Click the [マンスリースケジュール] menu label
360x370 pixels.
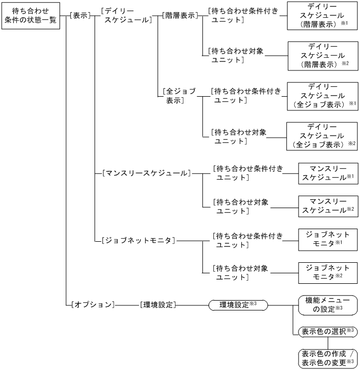(143, 172)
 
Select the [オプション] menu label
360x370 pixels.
(91, 304)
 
